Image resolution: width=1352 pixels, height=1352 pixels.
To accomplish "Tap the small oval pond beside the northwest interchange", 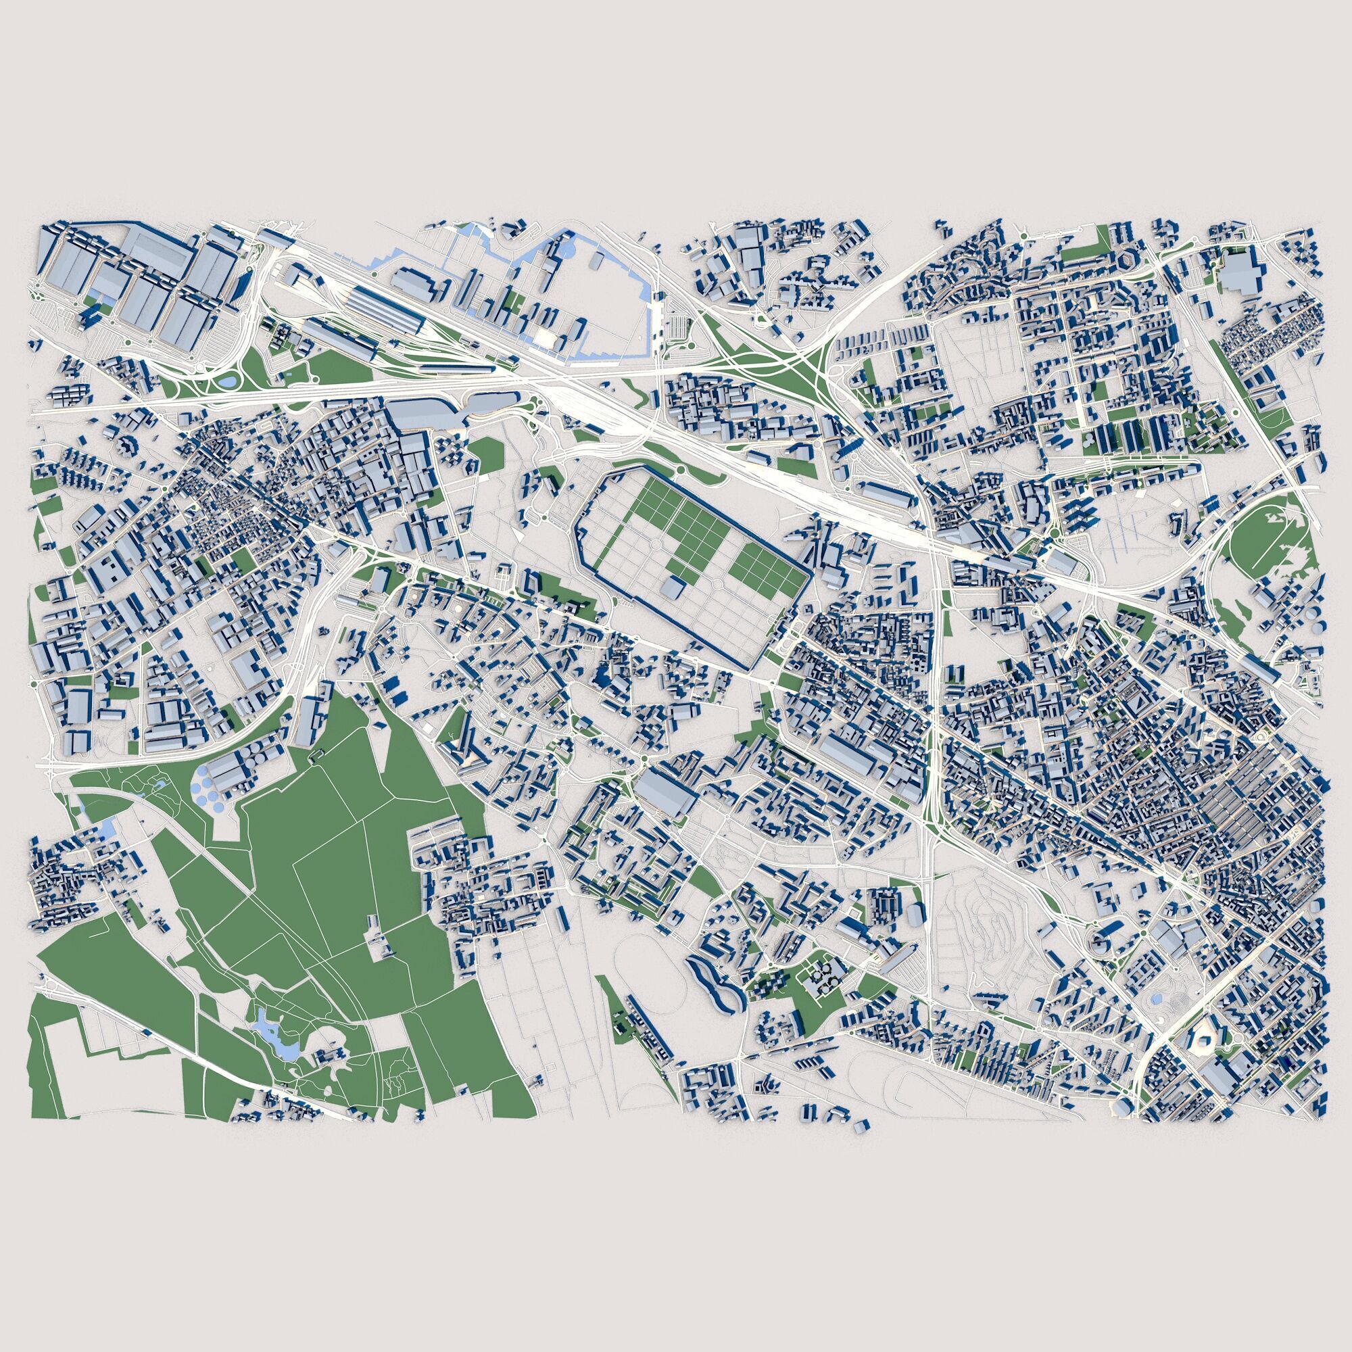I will [228, 382].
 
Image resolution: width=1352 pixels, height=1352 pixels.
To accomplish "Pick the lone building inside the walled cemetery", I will [673, 588].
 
